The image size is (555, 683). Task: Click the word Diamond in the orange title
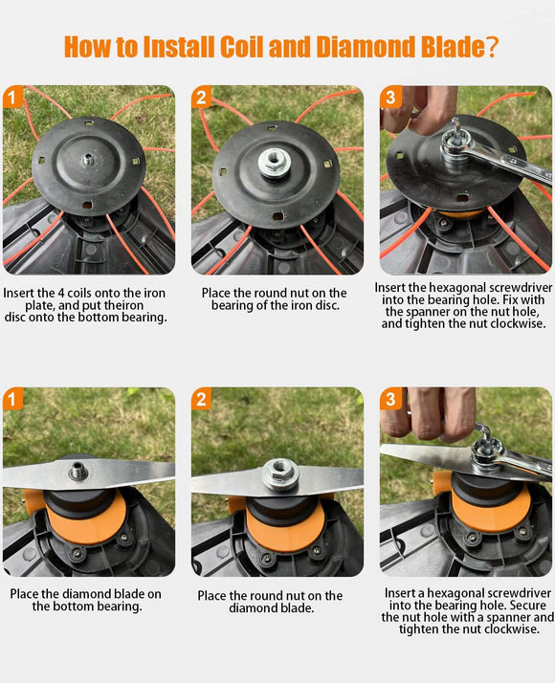366,47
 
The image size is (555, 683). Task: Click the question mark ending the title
491,47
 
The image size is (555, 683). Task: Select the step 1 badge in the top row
12,97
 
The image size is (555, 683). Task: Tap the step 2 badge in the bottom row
201,399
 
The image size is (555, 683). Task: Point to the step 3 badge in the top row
390,97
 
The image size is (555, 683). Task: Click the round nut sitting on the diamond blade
279,474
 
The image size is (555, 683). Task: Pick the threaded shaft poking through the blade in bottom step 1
78,471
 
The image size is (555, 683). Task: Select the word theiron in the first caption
122,305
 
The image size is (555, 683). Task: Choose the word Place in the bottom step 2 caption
212,595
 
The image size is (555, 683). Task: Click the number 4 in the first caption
61,293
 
